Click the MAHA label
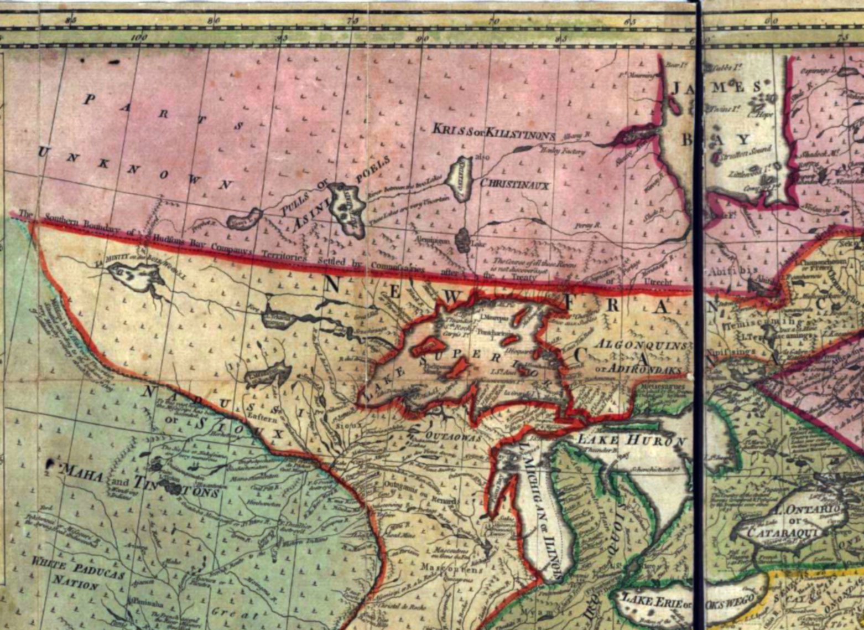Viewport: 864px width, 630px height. [83, 474]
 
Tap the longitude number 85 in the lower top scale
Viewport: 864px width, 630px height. [561, 38]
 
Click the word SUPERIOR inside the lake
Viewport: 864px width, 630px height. [481, 363]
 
